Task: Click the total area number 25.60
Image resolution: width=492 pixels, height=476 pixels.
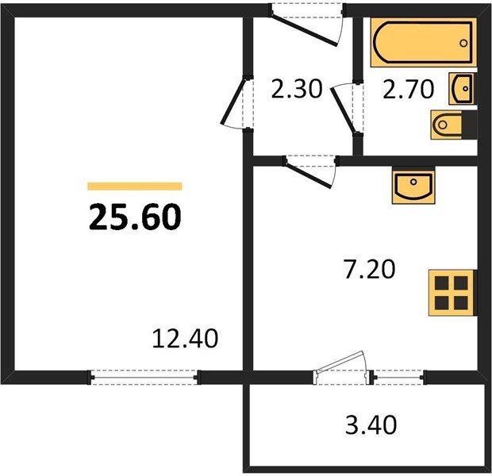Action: click(x=135, y=216)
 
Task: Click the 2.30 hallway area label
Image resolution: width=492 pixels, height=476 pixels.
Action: click(x=296, y=89)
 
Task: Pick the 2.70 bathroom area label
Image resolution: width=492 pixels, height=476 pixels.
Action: click(x=408, y=89)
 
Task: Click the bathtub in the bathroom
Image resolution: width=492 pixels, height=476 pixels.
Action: click(x=422, y=44)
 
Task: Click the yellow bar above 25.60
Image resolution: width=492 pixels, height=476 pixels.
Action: click(x=135, y=186)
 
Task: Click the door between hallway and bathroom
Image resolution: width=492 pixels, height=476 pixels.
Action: click(x=346, y=106)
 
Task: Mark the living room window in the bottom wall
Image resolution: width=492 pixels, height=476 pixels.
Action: click(x=143, y=377)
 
